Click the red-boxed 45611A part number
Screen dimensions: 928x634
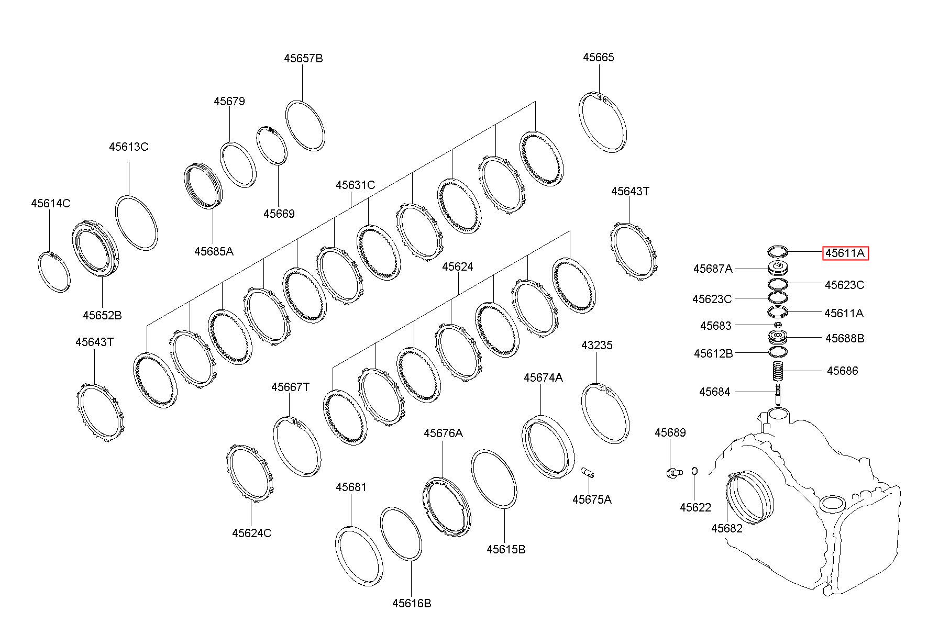[x=845, y=253]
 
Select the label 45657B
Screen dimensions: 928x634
[x=303, y=58]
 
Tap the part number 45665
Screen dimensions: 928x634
[x=599, y=57]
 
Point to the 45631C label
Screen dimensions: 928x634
[x=356, y=185]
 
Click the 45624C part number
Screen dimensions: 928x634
[x=252, y=533]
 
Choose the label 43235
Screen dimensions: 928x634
[x=596, y=345]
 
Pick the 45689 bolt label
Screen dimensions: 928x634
[x=670, y=432]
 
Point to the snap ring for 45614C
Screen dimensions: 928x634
[x=55, y=272]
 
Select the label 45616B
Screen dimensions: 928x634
[x=412, y=603]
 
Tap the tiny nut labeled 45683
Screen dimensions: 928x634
[x=778, y=326]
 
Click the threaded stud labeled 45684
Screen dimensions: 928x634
[x=778, y=394]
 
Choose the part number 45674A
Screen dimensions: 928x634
[x=543, y=377]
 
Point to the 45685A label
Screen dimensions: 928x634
[x=214, y=251]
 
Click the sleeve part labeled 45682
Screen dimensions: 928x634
[x=750, y=497]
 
